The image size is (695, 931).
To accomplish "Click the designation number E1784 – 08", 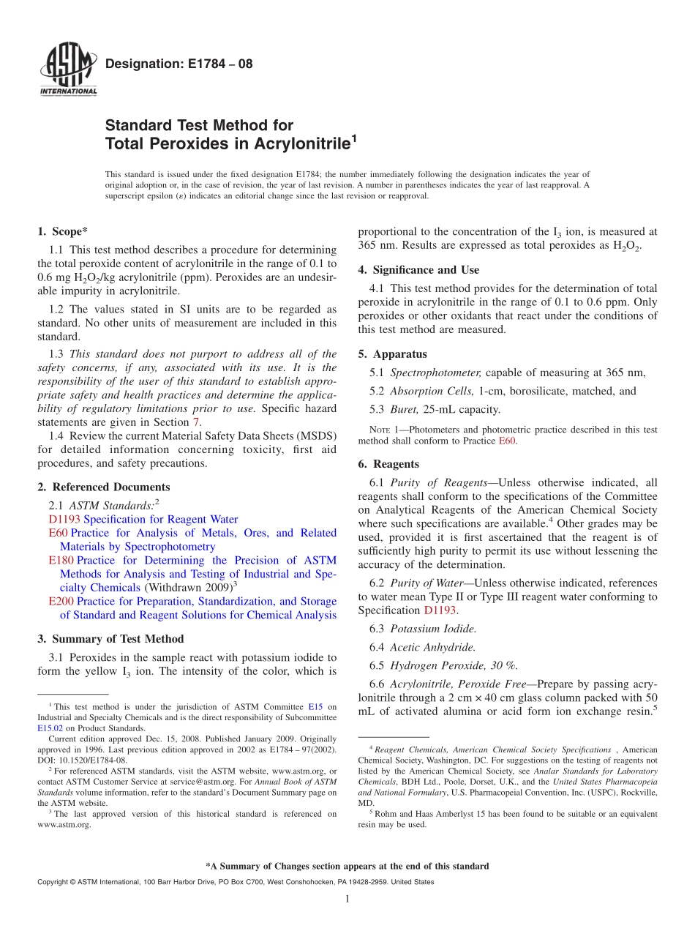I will (179, 64).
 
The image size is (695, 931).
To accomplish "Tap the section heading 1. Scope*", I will (63, 231).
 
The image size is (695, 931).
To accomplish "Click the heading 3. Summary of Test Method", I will (110, 639).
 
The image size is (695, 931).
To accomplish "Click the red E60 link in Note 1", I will (507, 441).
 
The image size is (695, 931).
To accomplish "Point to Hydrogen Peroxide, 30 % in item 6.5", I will (454, 665).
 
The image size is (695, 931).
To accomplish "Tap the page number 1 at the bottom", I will (347, 900).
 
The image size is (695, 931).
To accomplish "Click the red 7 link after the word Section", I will (195, 422).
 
